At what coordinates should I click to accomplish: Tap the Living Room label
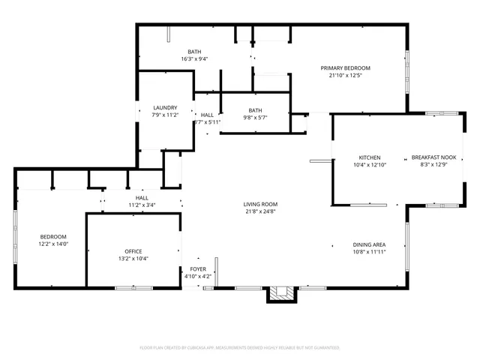tap(260, 204)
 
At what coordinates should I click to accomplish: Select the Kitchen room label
tap(369, 157)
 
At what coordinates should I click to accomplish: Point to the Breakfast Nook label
tap(433, 157)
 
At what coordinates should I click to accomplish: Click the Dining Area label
tap(369, 244)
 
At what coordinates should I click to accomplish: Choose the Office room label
tap(133, 251)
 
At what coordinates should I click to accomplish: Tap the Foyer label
tap(198, 268)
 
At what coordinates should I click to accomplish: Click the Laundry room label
tap(165, 108)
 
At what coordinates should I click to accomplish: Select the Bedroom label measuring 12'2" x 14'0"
tap(53, 236)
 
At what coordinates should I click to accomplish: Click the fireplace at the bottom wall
tap(282, 294)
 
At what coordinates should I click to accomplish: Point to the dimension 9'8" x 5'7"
tap(256, 118)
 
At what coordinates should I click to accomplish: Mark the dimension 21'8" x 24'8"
tap(260, 211)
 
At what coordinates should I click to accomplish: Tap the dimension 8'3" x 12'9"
tap(433, 165)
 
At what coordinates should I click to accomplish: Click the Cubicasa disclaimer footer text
tap(240, 348)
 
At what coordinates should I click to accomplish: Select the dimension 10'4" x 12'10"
tap(369, 165)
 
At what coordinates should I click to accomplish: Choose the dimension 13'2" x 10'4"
tap(133, 259)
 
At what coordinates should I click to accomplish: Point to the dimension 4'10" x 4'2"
tap(198, 276)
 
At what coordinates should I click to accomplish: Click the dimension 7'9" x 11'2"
tap(165, 115)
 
